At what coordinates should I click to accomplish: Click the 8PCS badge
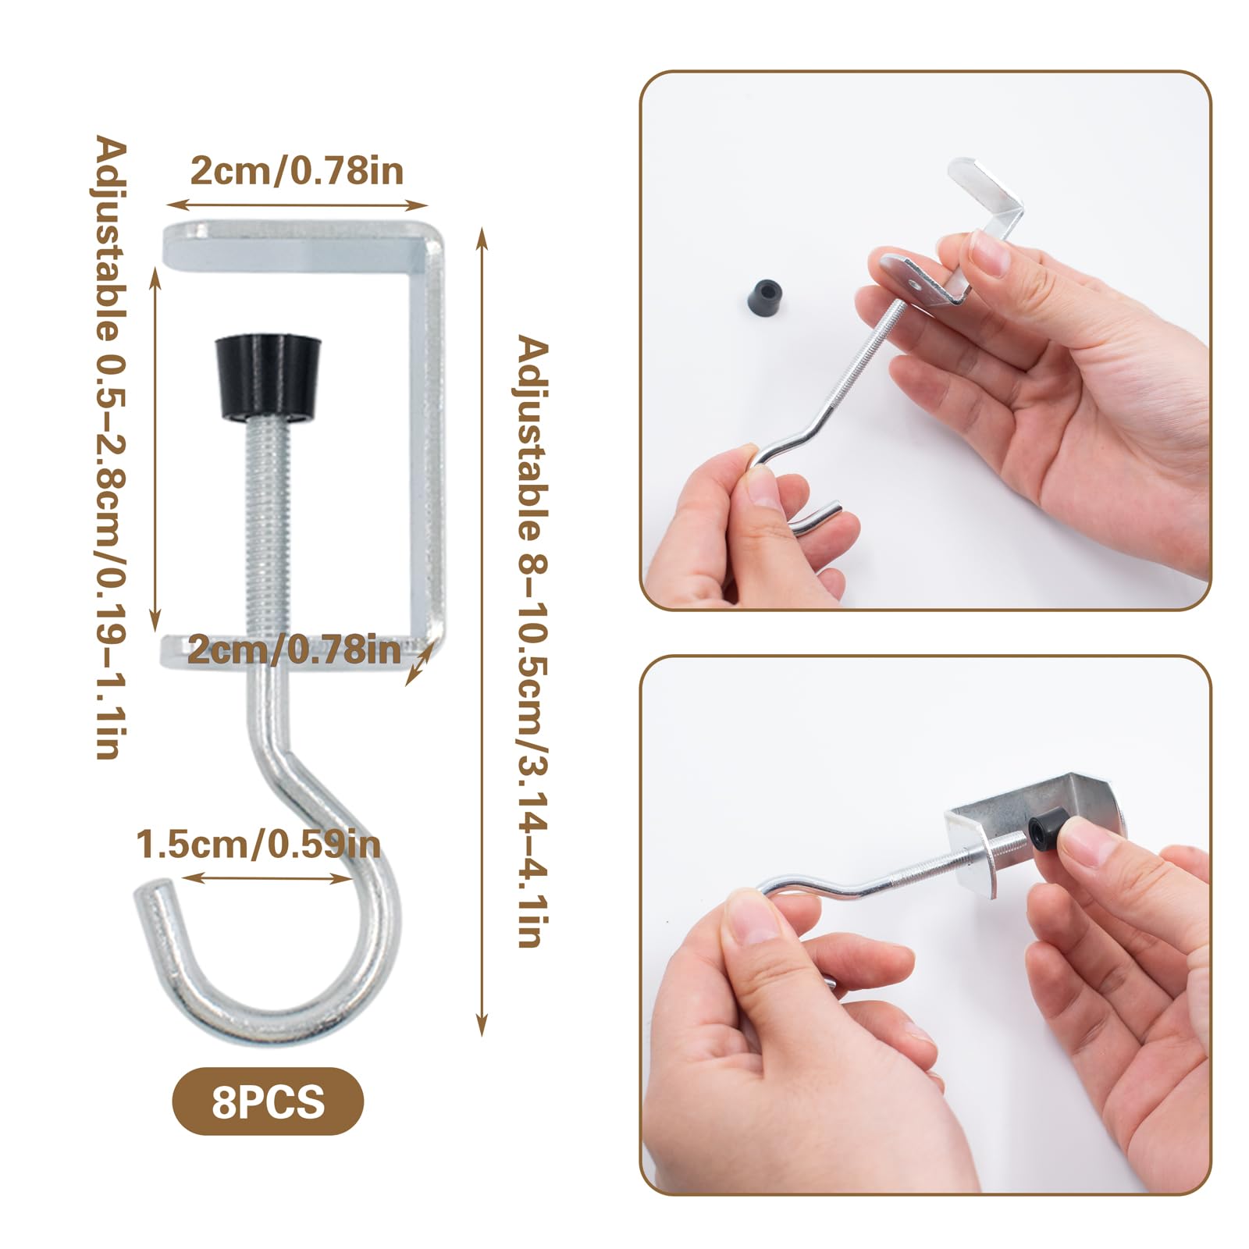tap(268, 1101)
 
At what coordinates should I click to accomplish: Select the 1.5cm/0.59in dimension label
tap(258, 845)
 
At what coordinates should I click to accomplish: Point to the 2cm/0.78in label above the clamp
tap(297, 170)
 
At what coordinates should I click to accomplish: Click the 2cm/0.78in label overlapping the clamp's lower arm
tap(294, 649)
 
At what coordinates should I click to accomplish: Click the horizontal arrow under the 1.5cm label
tap(267, 877)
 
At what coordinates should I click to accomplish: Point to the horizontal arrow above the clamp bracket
tap(297, 205)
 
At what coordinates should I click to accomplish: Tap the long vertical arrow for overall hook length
tap(482, 632)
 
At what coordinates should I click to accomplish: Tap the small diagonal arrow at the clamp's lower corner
tap(418, 663)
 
